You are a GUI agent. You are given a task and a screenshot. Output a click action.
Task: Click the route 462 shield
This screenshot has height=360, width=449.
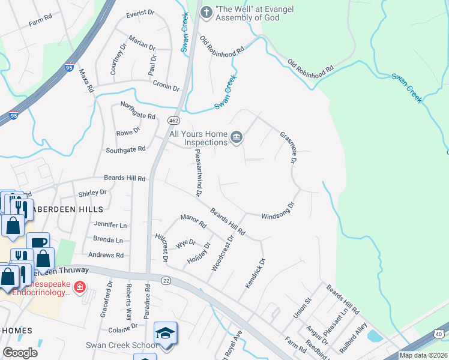(x=173, y=121)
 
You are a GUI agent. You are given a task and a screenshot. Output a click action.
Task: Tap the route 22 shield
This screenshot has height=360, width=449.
(x=166, y=280)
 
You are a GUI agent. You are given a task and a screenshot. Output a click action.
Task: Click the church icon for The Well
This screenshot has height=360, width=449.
(x=206, y=11)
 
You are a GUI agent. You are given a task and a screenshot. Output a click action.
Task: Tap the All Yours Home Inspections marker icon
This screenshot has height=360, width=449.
(x=237, y=138)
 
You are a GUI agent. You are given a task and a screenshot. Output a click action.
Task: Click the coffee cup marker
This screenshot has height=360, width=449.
(x=38, y=242)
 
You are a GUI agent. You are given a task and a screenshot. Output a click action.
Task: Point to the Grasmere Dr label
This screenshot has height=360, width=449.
(x=289, y=148)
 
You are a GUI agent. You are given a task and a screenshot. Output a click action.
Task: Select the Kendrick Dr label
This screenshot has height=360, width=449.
(x=255, y=280)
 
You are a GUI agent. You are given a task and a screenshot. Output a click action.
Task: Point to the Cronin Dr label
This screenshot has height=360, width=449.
(x=166, y=85)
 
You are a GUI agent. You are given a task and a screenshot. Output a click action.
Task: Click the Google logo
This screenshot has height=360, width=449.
(x=20, y=353)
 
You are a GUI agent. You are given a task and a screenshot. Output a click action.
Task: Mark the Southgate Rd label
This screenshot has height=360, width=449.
(x=125, y=149)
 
